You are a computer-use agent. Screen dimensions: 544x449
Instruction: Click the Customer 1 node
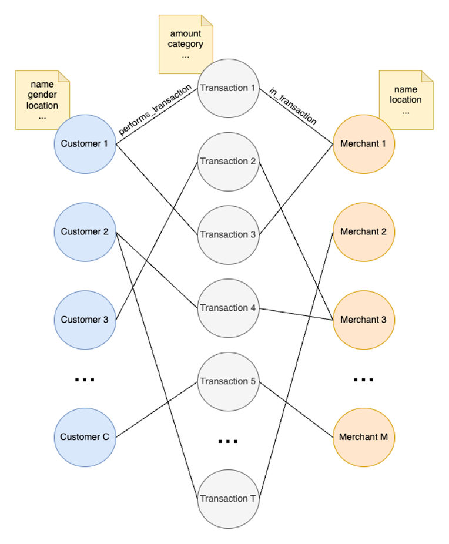(x=85, y=144)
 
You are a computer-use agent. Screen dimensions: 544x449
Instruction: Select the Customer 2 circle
(x=85, y=232)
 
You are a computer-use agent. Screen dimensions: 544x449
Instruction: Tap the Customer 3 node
(x=85, y=320)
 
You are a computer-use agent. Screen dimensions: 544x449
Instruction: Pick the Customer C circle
(x=85, y=437)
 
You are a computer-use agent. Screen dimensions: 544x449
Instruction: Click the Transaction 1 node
(x=228, y=88)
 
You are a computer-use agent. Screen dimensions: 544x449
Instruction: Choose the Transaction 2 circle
(x=228, y=162)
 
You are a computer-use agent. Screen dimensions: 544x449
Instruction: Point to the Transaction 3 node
(x=228, y=235)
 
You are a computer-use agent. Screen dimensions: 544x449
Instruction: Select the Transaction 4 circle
(x=228, y=308)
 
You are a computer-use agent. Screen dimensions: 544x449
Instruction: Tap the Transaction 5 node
(x=228, y=382)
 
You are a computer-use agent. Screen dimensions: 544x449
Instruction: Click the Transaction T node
(x=228, y=499)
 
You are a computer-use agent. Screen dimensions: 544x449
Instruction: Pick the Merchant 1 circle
(x=363, y=144)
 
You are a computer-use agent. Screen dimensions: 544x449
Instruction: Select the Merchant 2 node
(x=363, y=232)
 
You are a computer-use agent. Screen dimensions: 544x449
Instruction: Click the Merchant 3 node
(x=363, y=320)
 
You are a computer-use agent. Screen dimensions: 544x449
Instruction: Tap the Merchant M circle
(x=363, y=437)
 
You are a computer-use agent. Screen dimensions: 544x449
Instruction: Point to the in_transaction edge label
(x=293, y=106)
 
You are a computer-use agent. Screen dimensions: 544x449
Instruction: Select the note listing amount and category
(x=186, y=44)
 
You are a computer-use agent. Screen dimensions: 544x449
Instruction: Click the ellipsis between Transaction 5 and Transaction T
(x=228, y=441)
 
